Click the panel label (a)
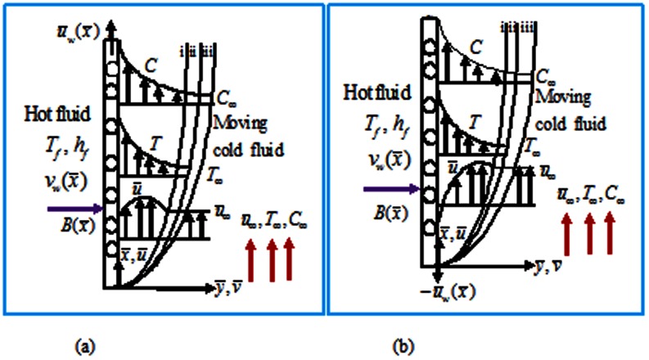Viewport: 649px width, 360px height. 83,346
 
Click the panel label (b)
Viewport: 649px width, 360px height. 403,346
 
